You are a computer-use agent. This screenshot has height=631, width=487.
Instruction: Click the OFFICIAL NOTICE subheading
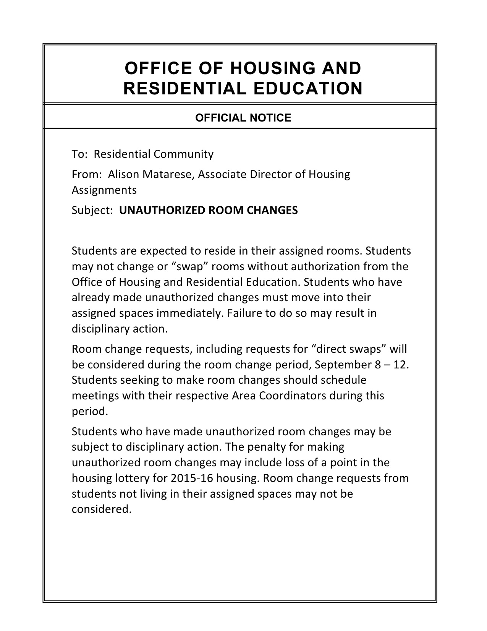pyautogui.click(x=243, y=118)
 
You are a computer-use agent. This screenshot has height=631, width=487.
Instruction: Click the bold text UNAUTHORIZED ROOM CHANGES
pyautogui.click(x=208, y=210)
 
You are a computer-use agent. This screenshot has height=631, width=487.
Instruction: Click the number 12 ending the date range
pyautogui.click(x=401, y=365)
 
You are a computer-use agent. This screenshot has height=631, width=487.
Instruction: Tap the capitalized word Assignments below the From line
pyautogui.click(x=104, y=190)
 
